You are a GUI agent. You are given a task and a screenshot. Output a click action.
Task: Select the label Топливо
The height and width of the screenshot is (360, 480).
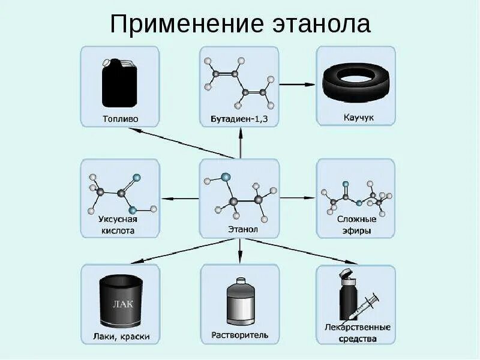(120, 118)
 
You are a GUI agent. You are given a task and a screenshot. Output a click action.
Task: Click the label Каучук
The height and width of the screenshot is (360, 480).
(355, 118)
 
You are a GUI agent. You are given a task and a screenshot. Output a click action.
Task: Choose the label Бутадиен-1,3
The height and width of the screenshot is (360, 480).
(239, 119)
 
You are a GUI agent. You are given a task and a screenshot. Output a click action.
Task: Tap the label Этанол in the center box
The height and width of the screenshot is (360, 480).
(239, 229)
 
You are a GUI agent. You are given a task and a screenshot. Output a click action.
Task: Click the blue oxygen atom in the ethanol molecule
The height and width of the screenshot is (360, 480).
(226, 177)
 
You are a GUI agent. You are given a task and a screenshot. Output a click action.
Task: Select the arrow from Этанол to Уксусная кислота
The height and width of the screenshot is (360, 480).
(180, 197)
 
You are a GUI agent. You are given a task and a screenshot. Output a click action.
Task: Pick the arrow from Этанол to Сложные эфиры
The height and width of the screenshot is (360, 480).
(298, 197)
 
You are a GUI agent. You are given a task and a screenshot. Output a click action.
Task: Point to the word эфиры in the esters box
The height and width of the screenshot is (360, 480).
(355, 230)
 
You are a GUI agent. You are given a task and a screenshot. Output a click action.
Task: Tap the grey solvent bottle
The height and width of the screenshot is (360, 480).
(239, 303)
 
